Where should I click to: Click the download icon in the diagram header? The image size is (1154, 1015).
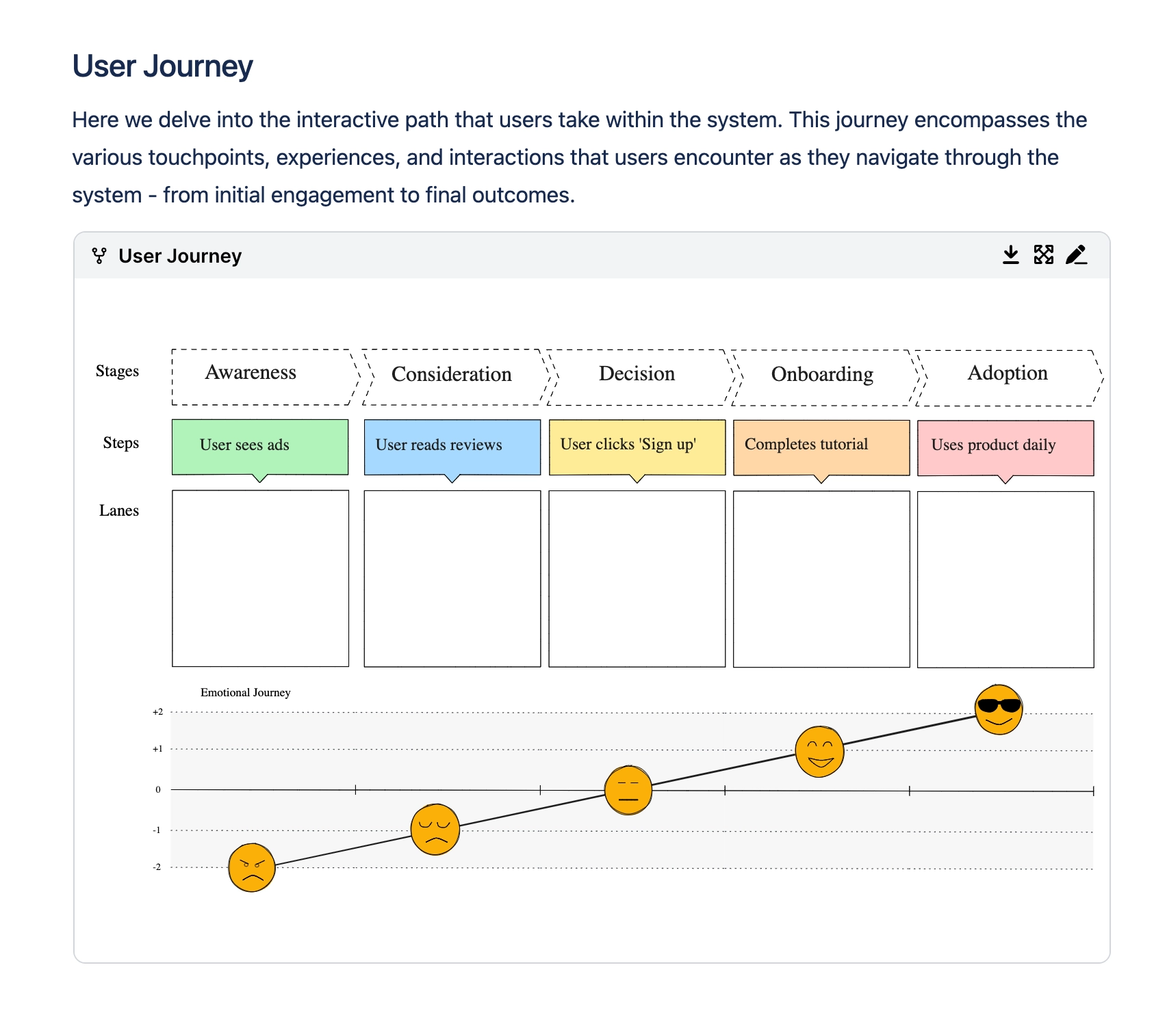1010,255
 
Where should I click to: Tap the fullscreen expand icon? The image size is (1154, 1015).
1043,255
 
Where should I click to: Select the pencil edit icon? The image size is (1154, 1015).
1076,255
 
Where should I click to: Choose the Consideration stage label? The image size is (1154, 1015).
452,374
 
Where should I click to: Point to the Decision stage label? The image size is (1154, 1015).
637,373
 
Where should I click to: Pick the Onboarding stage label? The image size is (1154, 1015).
822,374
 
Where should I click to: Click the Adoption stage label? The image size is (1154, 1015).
1008,373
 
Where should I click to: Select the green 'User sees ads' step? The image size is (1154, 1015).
259,446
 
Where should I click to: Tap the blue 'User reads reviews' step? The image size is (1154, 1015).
452,447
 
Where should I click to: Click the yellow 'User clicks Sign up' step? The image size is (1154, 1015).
637,447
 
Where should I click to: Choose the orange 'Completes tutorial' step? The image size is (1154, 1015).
821,447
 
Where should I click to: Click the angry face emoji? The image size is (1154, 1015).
251,867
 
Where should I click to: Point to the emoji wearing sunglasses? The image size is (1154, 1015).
999,709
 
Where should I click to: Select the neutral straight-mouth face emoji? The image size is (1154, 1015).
628,790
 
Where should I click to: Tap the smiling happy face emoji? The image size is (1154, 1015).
819,751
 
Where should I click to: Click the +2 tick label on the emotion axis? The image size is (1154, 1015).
157,712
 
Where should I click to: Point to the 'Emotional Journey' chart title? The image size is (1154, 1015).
245,692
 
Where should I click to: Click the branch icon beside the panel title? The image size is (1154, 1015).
99,256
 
